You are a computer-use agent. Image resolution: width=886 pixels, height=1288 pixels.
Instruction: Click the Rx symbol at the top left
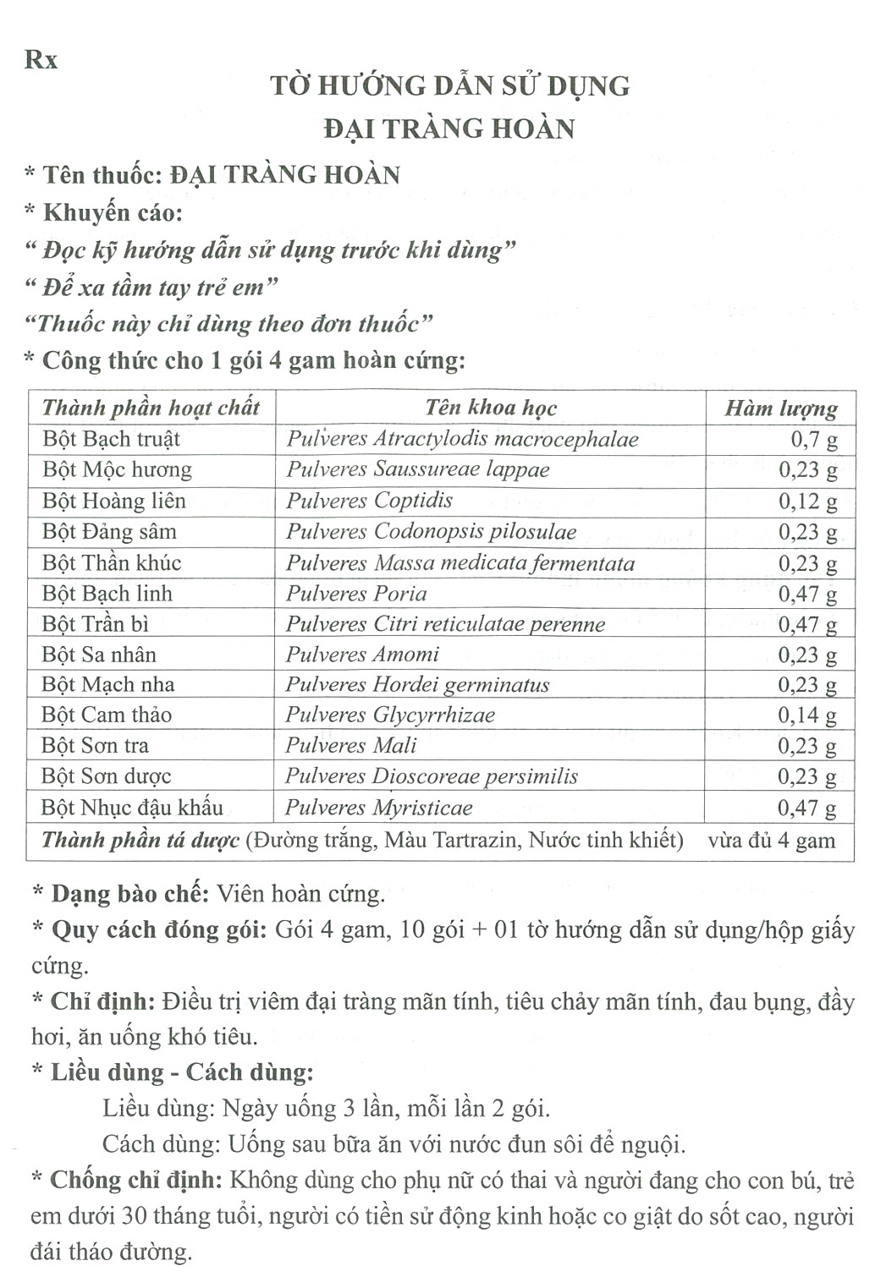point(41,60)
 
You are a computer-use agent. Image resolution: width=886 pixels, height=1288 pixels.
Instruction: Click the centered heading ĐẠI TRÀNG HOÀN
point(449,129)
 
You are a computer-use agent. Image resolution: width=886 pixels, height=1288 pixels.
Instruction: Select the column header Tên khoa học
point(491,408)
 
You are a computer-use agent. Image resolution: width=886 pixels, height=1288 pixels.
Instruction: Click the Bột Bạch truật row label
point(111,439)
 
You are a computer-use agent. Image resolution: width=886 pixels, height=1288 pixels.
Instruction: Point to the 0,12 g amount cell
point(807,501)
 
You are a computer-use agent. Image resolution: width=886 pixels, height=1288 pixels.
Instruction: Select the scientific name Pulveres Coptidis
point(369,501)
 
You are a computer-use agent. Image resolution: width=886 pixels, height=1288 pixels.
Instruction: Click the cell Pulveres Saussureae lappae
point(418,469)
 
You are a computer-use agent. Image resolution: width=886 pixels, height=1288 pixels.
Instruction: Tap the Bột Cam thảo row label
point(107,715)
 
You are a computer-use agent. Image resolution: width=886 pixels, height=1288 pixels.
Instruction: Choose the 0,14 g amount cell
point(807,715)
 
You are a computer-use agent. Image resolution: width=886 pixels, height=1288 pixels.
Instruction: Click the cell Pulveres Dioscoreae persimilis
point(432,776)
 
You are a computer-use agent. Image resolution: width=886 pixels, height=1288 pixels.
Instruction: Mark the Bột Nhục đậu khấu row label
point(132,808)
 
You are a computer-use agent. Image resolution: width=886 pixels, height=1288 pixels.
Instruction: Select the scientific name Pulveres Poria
point(356,594)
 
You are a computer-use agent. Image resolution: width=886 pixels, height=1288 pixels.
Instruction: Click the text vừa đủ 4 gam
point(771,841)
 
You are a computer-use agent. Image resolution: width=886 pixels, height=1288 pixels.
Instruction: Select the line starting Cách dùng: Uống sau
point(393,1144)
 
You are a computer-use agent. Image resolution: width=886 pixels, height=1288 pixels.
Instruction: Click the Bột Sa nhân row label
point(99,655)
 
